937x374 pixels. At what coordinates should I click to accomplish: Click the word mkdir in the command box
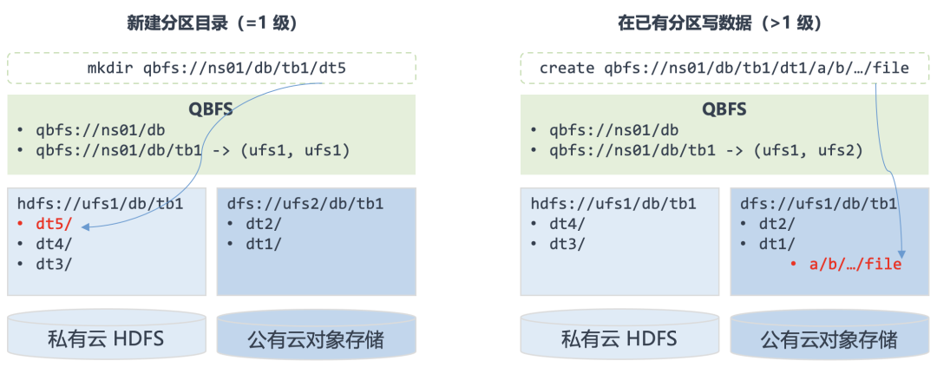(x=111, y=69)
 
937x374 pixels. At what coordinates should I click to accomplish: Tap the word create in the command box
(x=567, y=69)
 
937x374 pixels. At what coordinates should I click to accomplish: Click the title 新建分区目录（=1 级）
(x=213, y=23)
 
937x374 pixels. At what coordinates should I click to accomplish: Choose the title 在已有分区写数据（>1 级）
(x=720, y=23)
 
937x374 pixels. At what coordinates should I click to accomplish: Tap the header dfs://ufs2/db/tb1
(x=305, y=204)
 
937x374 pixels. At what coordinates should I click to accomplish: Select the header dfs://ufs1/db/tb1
(x=819, y=204)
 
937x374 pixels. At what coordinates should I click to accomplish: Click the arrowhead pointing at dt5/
(x=84, y=226)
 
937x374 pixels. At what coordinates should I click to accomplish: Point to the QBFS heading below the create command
(x=724, y=109)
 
